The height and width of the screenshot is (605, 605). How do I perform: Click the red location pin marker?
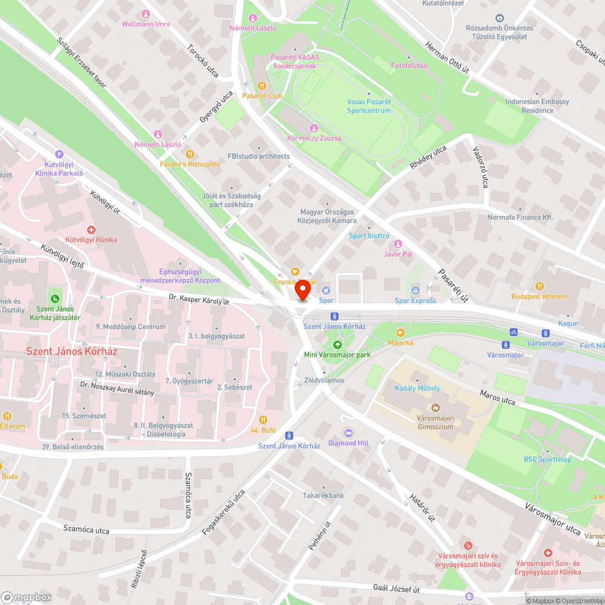pyautogui.click(x=302, y=290)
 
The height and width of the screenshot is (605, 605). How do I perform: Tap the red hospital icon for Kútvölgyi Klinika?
pyautogui.click(x=91, y=230)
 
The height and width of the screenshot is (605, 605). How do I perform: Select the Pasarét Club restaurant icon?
pyautogui.click(x=262, y=86)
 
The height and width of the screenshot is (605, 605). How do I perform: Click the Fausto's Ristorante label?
pyautogui.click(x=190, y=164)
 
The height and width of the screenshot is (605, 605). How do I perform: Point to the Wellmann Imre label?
pyautogui.click(x=146, y=24)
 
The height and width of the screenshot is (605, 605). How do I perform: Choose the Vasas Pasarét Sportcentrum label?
pyautogui.click(x=368, y=106)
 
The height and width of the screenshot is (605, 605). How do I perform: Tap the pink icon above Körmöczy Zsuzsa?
pyautogui.click(x=313, y=128)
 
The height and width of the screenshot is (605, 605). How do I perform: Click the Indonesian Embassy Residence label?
pyautogui.click(x=537, y=106)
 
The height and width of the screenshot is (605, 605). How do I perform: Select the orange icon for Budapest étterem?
pyautogui.click(x=539, y=286)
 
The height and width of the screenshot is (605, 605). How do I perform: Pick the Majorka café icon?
pyautogui.click(x=400, y=332)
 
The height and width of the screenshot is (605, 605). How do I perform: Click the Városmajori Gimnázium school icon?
pyautogui.click(x=435, y=407)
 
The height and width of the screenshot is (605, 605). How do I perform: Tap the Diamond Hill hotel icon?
pyautogui.click(x=348, y=433)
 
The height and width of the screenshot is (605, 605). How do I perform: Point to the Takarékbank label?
pyautogui.click(x=324, y=495)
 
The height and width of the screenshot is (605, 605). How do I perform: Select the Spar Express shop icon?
pyautogui.click(x=415, y=290)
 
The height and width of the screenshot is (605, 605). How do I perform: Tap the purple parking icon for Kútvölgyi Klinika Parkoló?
pyautogui.click(x=59, y=154)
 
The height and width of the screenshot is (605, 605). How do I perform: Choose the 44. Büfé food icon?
pyautogui.click(x=263, y=420)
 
